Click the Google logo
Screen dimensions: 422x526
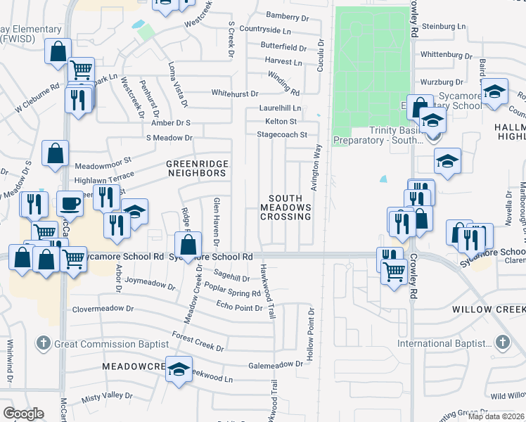point(23,414)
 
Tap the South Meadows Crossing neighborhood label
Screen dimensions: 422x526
point(286,207)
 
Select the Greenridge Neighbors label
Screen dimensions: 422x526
point(197,168)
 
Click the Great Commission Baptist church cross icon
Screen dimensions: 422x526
point(43,343)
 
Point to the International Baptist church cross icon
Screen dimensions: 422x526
point(501,343)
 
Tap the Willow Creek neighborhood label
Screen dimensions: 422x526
point(488,309)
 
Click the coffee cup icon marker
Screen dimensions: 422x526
point(70,203)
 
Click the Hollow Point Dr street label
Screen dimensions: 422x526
point(310,323)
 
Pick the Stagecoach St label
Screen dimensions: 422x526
point(282,134)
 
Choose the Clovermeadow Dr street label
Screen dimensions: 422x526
point(103,308)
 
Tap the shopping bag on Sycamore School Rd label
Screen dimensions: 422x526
point(188,246)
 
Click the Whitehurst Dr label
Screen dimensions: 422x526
point(235,93)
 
